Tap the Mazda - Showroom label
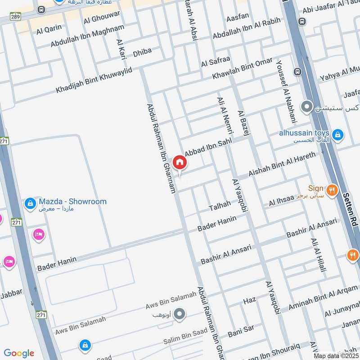(x=72, y=202)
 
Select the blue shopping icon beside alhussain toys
(x=337, y=134)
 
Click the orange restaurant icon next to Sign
(x=332, y=189)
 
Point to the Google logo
(x=19, y=353)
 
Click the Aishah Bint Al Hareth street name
(x=283, y=164)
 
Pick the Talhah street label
(x=220, y=206)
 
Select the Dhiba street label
(x=143, y=52)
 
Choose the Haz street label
(x=249, y=300)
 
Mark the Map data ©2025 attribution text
(x=336, y=356)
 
